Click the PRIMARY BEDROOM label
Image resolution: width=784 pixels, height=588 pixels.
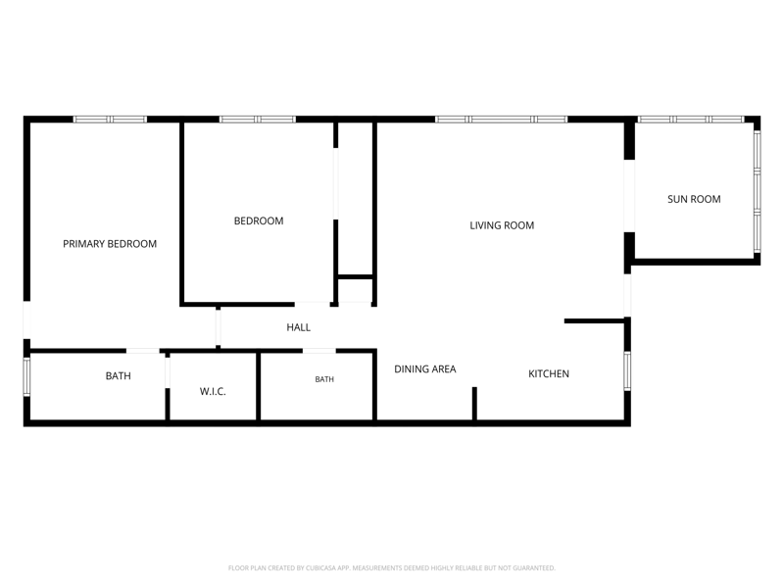(110, 244)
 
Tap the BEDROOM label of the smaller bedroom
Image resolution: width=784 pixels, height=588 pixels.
(259, 221)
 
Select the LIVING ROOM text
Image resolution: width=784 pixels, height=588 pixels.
(502, 225)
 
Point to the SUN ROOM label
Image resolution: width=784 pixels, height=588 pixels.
(694, 199)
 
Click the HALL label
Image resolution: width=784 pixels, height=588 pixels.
(299, 327)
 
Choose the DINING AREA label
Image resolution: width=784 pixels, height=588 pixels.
(425, 369)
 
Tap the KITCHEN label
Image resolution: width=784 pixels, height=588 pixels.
(549, 373)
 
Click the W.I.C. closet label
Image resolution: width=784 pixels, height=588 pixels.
(213, 391)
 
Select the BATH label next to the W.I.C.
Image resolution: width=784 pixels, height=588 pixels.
(118, 376)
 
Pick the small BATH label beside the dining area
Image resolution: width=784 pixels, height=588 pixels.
(324, 379)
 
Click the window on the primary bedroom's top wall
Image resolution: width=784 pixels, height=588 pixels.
(110, 119)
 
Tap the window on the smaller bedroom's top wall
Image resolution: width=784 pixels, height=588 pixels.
(258, 119)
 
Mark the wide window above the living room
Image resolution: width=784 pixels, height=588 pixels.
(501, 119)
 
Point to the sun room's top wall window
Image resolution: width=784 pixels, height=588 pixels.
(691, 119)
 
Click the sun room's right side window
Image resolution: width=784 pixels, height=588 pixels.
(757, 191)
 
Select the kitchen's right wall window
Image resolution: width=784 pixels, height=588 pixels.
(627, 371)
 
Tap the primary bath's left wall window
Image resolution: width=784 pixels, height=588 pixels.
(27, 376)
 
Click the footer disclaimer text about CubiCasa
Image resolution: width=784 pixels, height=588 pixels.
(391, 568)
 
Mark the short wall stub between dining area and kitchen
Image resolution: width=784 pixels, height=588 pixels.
(474, 404)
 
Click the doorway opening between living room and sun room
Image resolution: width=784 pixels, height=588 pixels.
(629, 196)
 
